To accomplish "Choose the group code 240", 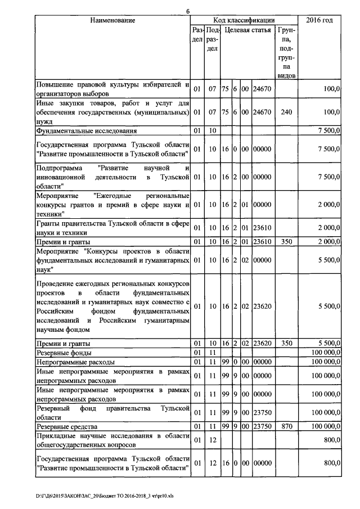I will click(286, 112).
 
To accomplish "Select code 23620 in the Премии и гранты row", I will click(262, 343).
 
